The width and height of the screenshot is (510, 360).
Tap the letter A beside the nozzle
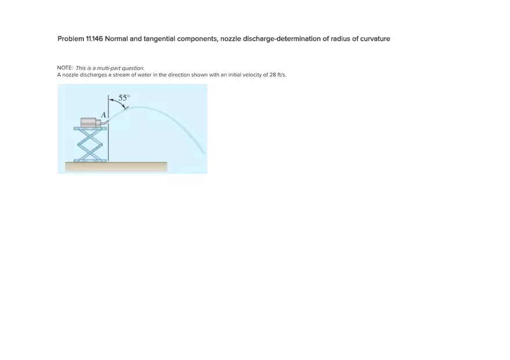pyautogui.click(x=104, y=115)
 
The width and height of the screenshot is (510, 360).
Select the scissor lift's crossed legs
pyautogui.click(x=90, y=144)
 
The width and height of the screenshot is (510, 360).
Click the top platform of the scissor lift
pyautogui.click(x=90, y=128)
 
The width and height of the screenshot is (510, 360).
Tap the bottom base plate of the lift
pyautogui.click(x=90, y=160)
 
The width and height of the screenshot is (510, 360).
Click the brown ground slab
pyautogui.click(x=116, y=167)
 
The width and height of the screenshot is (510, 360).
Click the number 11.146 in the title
pyautogui.click(x=94, y=39)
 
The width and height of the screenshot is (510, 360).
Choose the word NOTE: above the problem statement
pyautogui.click(x=65, y=68)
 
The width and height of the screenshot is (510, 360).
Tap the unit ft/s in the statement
pyautogui.click(x=282, y=75)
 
